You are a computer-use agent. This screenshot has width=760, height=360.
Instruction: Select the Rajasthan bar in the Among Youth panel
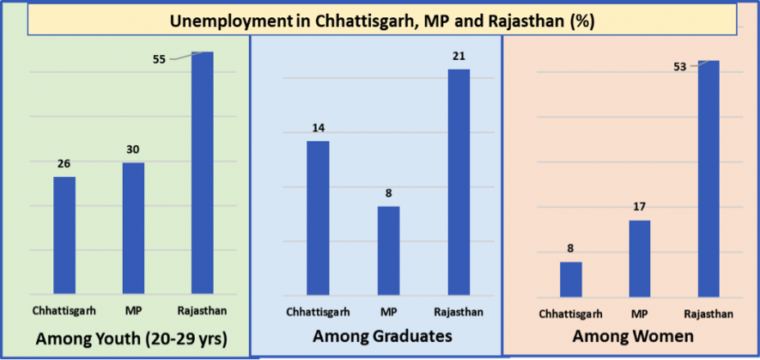click(202, 172)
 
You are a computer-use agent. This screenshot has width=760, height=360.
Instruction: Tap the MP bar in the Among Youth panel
click(133, 228)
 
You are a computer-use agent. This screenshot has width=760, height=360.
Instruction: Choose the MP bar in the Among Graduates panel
click(389, 250)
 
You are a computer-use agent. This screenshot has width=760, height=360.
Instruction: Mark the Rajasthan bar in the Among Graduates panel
click(459, 181)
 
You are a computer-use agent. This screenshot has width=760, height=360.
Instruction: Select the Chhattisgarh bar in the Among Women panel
click(570, 278)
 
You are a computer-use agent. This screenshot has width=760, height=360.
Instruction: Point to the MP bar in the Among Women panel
click(640, 258)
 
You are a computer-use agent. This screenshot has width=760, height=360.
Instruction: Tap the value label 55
click(159, 60)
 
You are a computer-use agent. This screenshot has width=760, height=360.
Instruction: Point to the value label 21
click(459, 56)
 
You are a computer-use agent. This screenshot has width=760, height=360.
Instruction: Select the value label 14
click(318, 128)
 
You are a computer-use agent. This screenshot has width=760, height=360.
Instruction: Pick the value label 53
click(680, 66)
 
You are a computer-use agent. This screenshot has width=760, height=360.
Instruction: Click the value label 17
click(640, 207)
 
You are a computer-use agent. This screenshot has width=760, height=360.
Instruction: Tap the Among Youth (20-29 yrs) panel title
click(131, 339)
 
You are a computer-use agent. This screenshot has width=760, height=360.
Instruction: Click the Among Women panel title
click(633, 337)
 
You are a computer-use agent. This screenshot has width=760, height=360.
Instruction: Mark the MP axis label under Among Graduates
click(389, 310)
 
